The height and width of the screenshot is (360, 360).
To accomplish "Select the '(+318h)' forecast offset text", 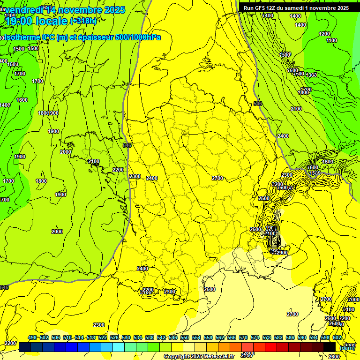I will [x=83, y=21].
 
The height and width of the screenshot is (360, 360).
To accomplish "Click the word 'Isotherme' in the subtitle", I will [x=22, y=37].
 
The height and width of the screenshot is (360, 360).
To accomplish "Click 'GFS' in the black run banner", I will [x=260, y=8].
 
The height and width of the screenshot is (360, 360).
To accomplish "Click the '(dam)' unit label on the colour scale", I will [x=347, y=347].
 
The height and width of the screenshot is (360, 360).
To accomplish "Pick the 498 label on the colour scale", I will [x=32, y=337].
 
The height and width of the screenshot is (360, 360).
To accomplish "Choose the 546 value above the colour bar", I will [x=173, y=337].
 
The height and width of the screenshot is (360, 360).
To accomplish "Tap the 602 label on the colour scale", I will [x=337, y=337].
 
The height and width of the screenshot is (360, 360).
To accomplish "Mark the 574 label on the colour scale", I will [x=255, y=337].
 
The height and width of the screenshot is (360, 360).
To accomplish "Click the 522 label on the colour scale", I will [x=103, y=337].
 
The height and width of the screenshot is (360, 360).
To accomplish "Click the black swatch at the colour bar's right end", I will [x=330, y=347].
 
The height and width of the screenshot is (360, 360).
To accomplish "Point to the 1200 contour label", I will [x=324, y=34].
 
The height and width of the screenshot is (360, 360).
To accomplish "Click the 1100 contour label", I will [x=331, y=41].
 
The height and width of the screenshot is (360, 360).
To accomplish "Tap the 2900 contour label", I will [x=282, y=253].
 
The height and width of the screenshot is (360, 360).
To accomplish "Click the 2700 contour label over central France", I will [x=217, y=178].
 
